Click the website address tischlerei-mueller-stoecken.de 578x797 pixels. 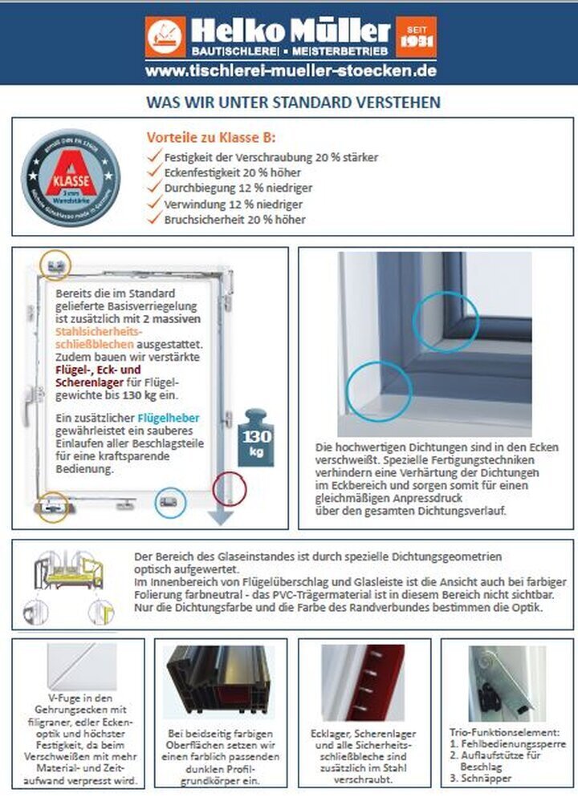point(291,71)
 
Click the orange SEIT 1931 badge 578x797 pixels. point(416,36)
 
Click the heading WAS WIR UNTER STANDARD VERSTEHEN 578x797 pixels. point(292,103)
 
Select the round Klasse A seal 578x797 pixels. point(71,176)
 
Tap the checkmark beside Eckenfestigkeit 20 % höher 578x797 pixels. point(154,172)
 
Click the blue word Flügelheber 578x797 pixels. point(169,418)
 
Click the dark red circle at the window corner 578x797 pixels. point(229,486)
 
